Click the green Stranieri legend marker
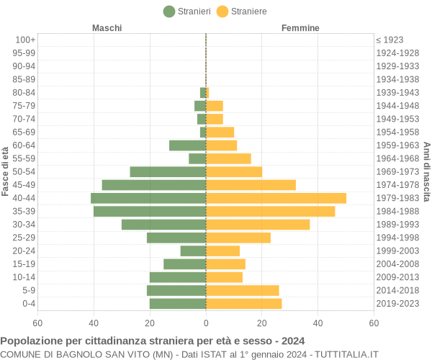(x=169, y=12)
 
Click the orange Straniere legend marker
(x=222, y=12)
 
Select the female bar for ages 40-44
(x=276, y=198)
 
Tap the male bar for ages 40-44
(x=148, y=198)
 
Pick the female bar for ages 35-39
(x=271, y=211)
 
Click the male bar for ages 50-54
(x=168, y=171)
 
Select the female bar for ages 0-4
(x=244, y=304)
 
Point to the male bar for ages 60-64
(x=187, y=145)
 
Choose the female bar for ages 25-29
(x=238, y=238)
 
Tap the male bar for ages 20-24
(x=193, y=251)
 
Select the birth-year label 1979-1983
(x=397, y=198)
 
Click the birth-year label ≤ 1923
(x=390, y=40)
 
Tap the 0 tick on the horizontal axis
(x=206, y=323)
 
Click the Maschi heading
(x=107, y=28)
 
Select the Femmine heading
(x=300, y=28)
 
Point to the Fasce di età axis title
(x=6, y=171)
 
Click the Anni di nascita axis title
(x=426, y=171)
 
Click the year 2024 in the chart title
(x=293, y=341)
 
